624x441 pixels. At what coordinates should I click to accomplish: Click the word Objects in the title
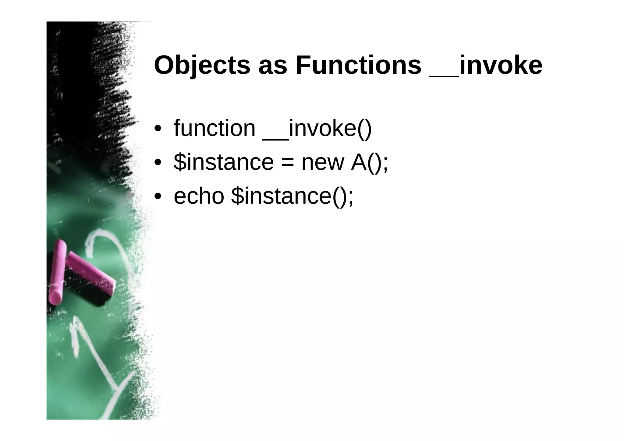(202, 65)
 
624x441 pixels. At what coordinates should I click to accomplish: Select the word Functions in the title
(358, 65)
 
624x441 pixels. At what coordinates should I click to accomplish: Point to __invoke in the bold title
(486, 65)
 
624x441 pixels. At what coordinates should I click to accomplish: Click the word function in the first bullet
(214, 129)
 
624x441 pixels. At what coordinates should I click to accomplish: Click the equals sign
(288, 163)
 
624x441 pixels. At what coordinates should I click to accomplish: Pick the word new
(323, 163)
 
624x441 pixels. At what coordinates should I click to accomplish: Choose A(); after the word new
(370, 163)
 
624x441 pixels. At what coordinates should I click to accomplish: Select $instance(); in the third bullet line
(292, 196)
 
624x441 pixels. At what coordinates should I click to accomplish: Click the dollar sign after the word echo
(237, 196)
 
